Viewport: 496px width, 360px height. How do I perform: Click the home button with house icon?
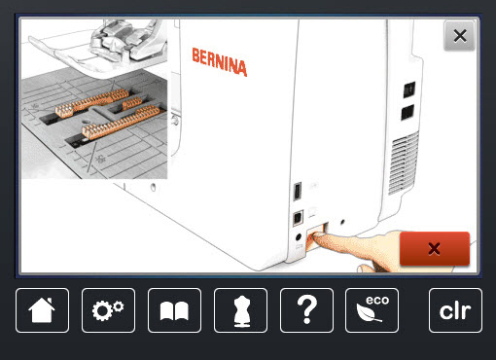[42, 310]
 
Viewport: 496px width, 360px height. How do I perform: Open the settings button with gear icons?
[108, 310]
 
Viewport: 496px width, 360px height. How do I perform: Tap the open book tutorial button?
[174, 310]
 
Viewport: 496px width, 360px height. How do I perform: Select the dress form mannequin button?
[240, 310]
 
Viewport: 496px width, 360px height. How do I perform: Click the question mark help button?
[306, 310]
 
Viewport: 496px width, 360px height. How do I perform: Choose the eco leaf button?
[372, 310]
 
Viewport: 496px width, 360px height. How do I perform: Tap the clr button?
[455, 310]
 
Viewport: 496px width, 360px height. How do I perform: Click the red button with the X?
[435, 249]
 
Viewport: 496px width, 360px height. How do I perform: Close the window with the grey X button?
[460, 36]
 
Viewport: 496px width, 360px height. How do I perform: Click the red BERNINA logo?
[220, 62]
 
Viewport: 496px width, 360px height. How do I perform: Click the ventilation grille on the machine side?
[404, 163]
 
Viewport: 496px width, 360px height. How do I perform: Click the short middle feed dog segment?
[132, 103]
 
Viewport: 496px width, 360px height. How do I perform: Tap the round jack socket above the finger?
[299, 237]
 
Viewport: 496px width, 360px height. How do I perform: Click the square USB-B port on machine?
[298, 218]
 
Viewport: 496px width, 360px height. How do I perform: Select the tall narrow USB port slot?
[298, 192]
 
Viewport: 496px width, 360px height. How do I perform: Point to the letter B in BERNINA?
[196, 55]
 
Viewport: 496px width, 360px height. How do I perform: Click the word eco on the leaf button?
[377, 300]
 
